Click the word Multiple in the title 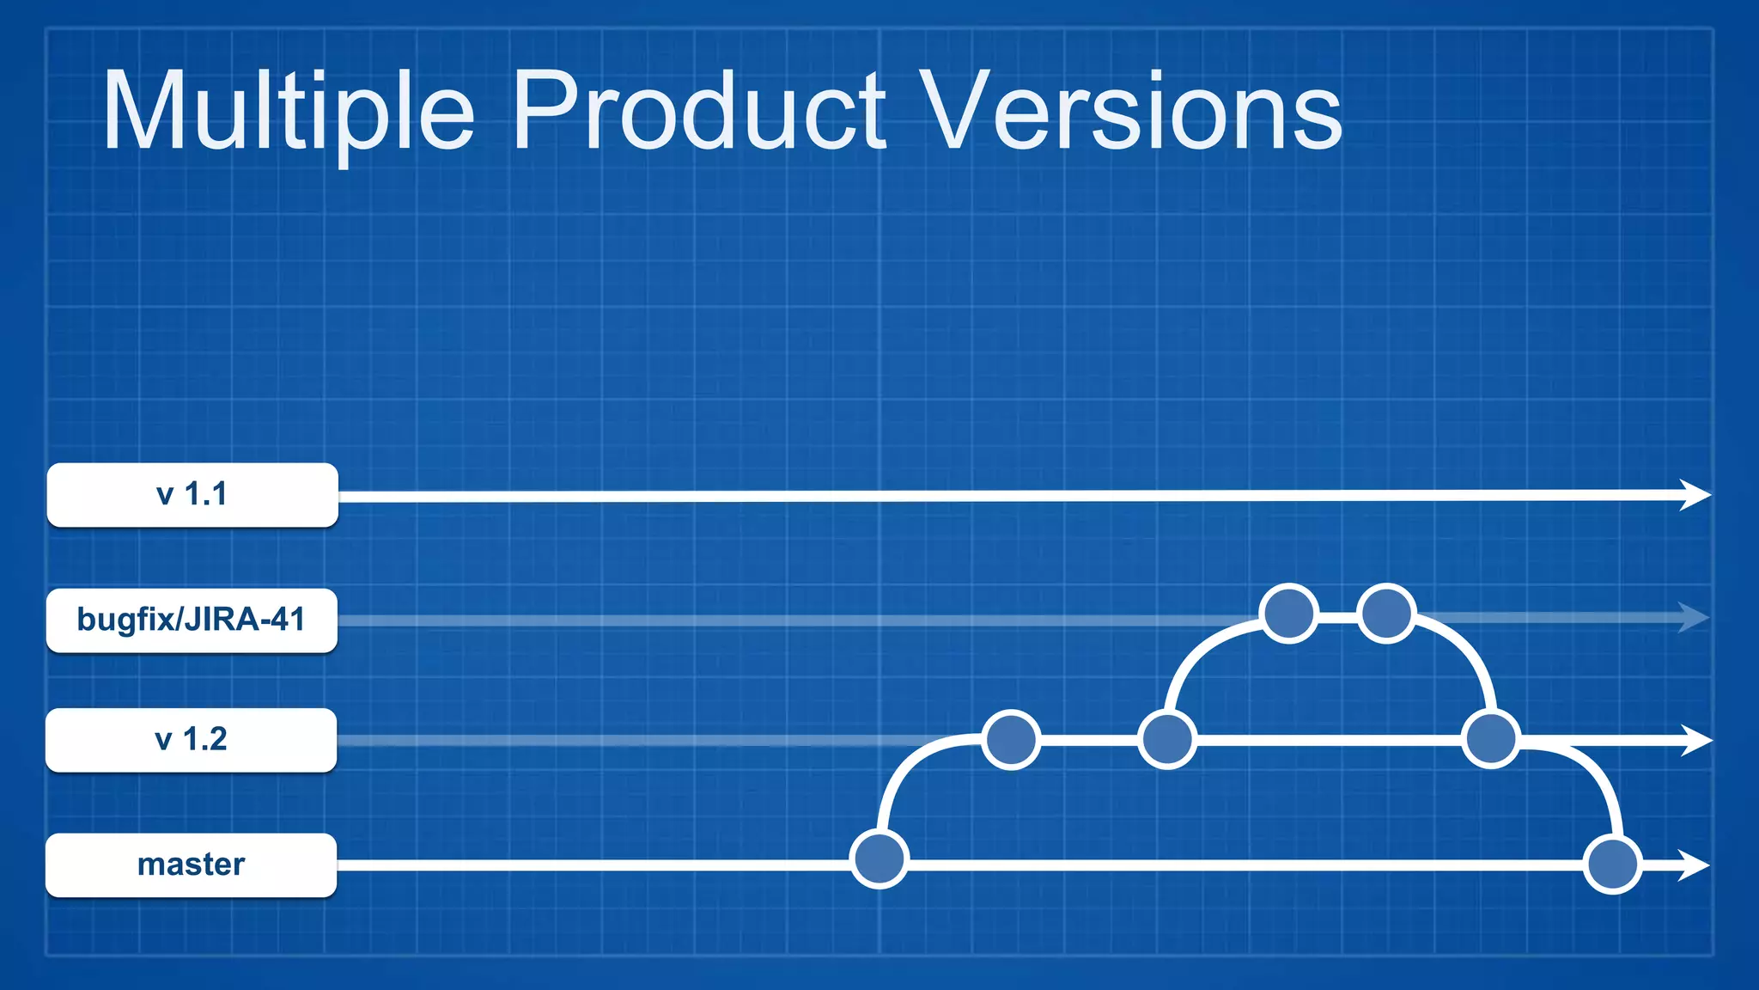288,112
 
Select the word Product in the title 698,112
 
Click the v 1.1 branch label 192,495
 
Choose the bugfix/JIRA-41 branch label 192,620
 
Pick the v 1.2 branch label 192,740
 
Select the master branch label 192,865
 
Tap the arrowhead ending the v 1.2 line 1695,740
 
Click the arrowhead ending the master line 1694,865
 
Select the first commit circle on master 879,859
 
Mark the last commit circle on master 1612,865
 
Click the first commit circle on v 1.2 1011,739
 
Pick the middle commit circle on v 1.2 1166,739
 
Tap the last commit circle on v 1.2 1491,738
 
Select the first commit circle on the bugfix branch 1288,613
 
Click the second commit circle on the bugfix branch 1386,613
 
